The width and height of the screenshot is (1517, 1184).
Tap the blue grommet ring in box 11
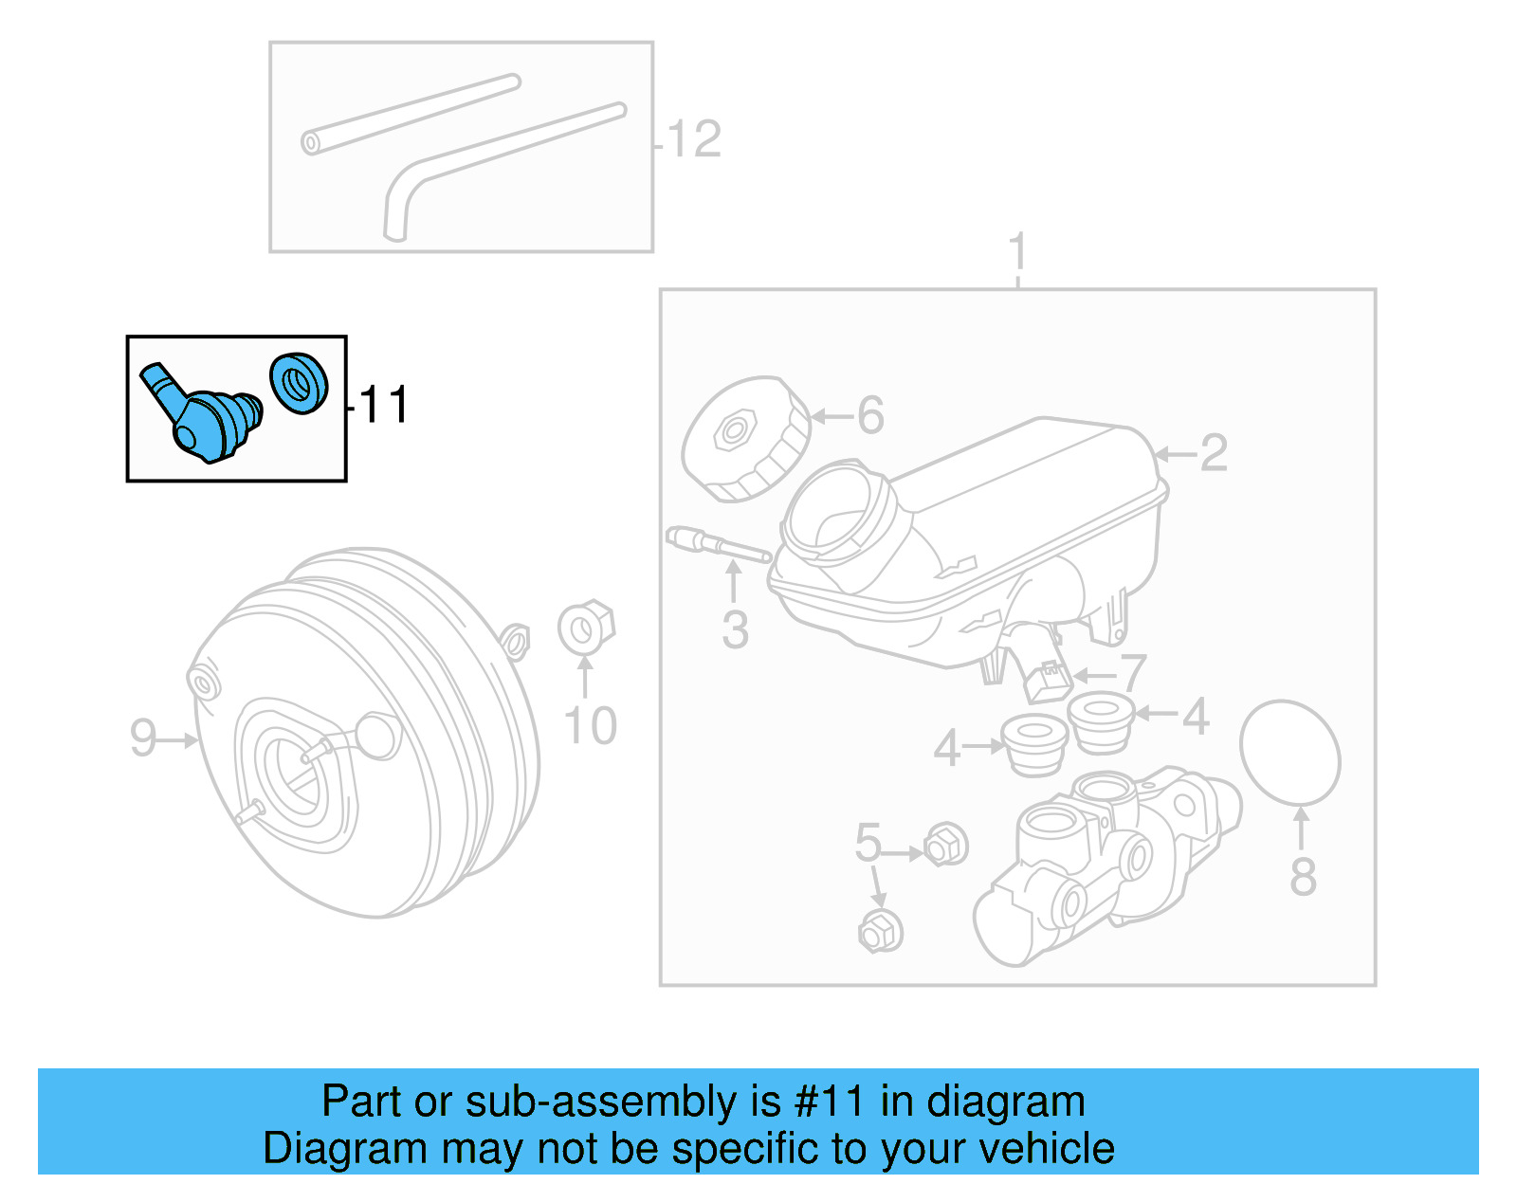click(x=299, y=383)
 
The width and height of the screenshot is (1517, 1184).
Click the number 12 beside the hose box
click(x=694, y=140)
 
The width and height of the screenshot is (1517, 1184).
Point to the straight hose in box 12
click(x=411, y=114)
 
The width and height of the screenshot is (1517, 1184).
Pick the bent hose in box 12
click(x=493, y=161)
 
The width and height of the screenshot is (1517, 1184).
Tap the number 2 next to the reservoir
click(x=1214, y=454)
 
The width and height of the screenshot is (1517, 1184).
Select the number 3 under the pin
click(x=735, y=630)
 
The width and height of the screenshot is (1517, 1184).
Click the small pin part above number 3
click(x=718, y=545)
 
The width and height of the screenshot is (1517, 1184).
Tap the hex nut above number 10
click(x=586, y=627)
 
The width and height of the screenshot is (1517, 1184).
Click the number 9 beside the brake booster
click(x=143, y=738)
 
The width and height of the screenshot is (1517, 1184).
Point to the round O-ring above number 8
click(x=1289, y=754)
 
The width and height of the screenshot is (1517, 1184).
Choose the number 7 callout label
click(x=1134, y=674)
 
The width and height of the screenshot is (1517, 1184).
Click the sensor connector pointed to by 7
click(x=1049, y=679)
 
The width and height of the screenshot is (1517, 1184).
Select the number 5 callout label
click(x=868, y=843)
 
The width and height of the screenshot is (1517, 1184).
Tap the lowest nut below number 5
click(x=880, y=931)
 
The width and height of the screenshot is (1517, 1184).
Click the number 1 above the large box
click(x=1017, y=252)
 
